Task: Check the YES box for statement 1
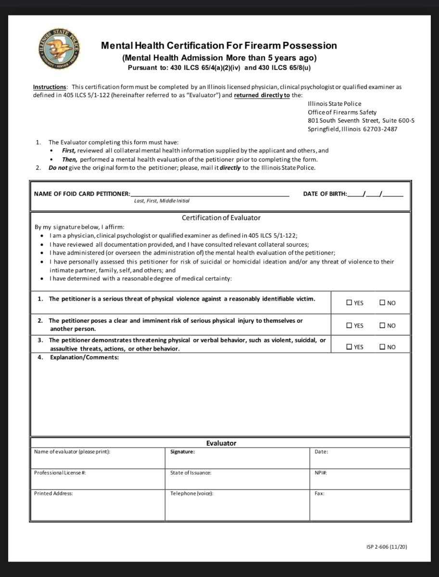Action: (x=350, y=303)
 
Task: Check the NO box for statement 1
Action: (x=383, y=303)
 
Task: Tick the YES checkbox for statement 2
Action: (x=350, y=326)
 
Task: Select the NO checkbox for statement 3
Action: (x=383, y=347)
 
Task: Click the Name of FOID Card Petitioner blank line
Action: (x=210, y=194)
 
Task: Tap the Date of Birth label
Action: (x=325, y=194)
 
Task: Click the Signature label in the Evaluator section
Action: (x=182, y=452)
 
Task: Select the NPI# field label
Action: (x=321, y=473)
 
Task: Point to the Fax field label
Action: (x=319, y=493)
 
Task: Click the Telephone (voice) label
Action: (x=191, y=493)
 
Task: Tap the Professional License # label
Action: (x=60, y=473)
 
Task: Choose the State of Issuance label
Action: (x=190, y=473)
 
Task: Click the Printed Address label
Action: (x=53, y=493)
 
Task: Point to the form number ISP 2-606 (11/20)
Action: (x=386, y=547)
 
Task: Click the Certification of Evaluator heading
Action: (x=221, y=218)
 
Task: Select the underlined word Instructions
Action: (x=50, y=87)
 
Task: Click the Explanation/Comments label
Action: (x=84, y=358)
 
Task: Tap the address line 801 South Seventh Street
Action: (x=361, y=121)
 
